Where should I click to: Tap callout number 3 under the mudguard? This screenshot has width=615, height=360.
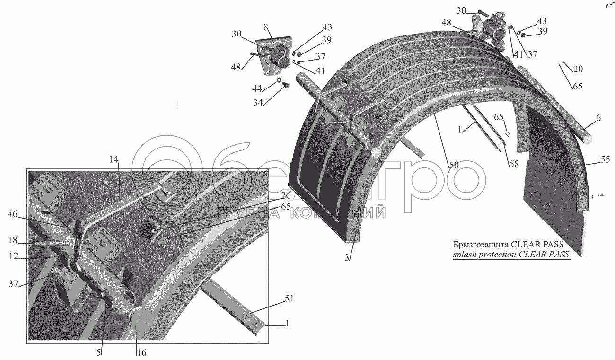(x=346, y=258)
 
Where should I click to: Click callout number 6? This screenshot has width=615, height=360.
(x=598, y=119)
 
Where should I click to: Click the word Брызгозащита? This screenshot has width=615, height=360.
(x=480, y=245)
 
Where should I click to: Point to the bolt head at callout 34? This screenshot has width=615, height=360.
(x=285, y=85)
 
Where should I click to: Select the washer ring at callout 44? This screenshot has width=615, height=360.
(x=280, y=79)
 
